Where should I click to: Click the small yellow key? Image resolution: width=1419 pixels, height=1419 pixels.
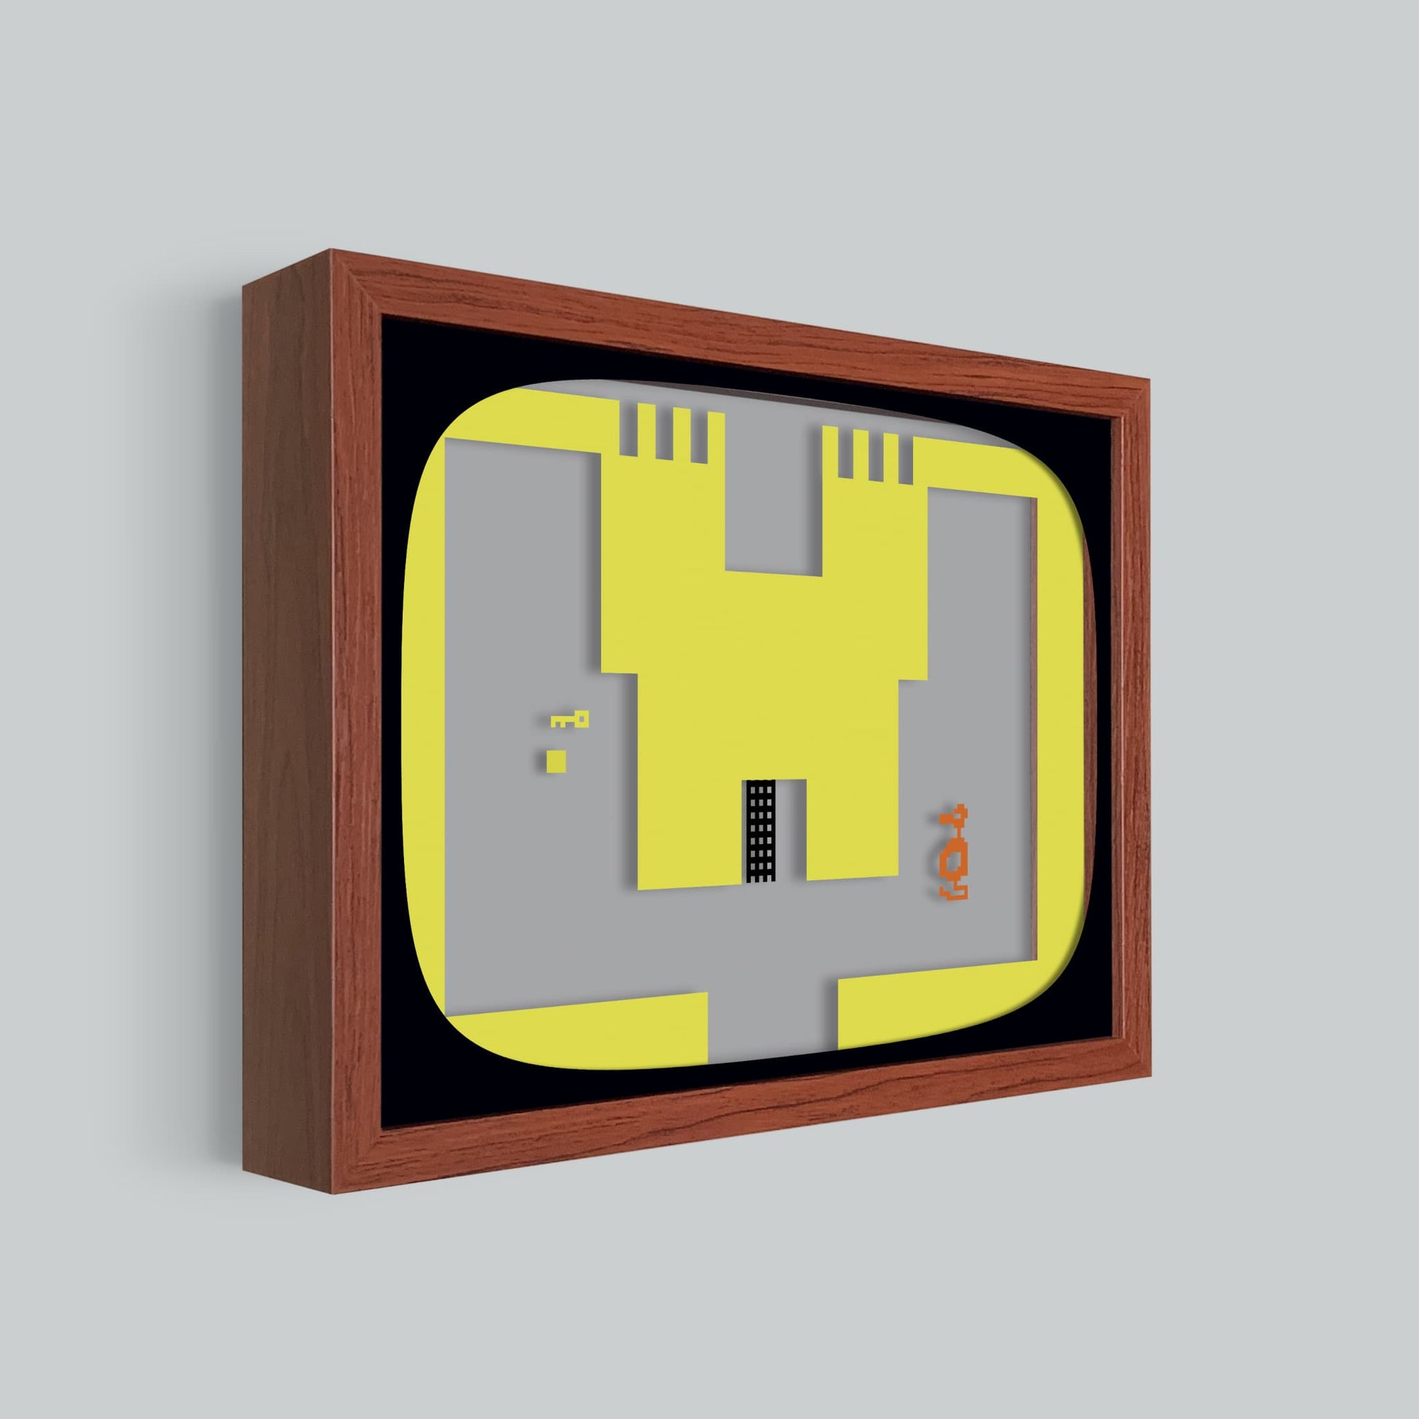570,720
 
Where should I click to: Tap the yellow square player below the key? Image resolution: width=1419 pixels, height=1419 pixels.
556,761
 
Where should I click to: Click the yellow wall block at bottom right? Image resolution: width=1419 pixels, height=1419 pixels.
947,1006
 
